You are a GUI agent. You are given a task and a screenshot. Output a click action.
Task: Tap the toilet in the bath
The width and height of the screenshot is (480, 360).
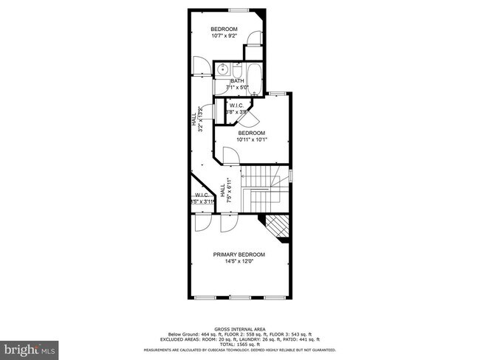point(238,71)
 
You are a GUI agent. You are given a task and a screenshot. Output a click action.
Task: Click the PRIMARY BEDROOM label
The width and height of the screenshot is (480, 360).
point(239,255)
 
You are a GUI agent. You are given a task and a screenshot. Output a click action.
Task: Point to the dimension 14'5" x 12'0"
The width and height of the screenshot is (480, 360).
point(239,262)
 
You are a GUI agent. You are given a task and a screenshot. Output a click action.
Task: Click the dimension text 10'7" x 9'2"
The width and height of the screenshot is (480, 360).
point(223,35)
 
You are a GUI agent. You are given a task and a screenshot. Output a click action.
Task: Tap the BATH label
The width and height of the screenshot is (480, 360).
point(237,81)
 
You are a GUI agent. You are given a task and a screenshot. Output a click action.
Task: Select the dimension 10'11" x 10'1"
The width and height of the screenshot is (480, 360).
point(252,139)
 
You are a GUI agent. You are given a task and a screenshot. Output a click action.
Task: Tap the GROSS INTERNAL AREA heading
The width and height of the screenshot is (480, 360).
point(239,329)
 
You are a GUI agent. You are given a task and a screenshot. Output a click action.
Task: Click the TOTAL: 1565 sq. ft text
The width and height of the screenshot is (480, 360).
point(239,344)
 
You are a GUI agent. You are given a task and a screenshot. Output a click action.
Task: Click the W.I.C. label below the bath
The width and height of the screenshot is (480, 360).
point(237,105)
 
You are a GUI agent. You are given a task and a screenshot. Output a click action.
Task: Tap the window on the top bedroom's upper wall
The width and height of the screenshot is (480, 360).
point(239,10)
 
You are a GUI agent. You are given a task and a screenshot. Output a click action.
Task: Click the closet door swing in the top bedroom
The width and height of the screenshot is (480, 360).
point(252,39)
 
